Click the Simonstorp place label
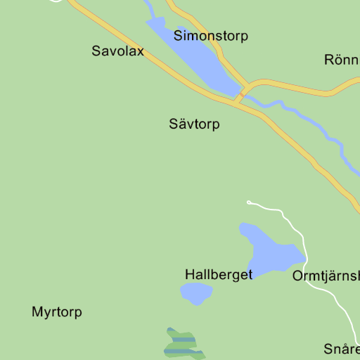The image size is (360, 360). [211, 36]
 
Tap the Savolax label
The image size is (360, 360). [117, 51]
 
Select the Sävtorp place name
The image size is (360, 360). [194, 124]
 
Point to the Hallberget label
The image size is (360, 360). [218, 274]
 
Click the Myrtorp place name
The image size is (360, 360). [57, 312]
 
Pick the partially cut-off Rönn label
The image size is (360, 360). [342, 60]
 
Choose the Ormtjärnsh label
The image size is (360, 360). [326, 275]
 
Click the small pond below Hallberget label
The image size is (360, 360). [196, 293]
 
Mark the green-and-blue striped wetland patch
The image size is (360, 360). [183, 343]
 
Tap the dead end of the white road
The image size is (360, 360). [249, 202]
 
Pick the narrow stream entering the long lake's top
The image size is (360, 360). [148, 8]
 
